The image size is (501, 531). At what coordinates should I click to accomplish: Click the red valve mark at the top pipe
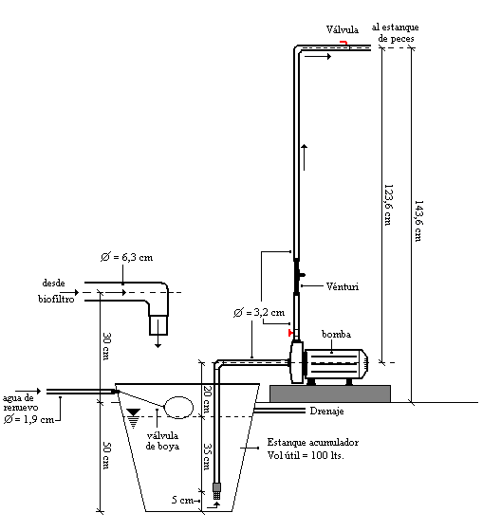[343, 43]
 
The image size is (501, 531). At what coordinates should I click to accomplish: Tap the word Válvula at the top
[343, 29]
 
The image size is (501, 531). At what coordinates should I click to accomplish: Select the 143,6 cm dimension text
[419, 221]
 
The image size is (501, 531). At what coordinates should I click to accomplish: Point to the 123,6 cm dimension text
[388, 205]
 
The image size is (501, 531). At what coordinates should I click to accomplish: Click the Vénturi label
[343, 286]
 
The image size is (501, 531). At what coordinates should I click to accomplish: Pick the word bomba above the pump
[336, 334]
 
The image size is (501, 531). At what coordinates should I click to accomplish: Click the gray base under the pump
[330, 394]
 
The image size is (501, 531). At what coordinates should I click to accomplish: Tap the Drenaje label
[326, 412]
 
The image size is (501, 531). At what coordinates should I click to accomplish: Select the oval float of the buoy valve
[178, 408]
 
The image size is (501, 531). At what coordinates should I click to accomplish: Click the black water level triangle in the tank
[133, 412]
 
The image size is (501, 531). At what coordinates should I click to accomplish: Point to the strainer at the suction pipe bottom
[216, 491]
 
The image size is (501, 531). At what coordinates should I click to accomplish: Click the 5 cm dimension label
[182, 500]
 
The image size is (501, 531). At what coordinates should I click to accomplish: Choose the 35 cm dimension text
[207, 456]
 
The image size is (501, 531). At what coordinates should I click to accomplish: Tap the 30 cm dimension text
[107, 346]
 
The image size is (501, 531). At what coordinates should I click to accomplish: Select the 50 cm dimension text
[107, 455]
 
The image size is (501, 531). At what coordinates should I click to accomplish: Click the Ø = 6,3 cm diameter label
[127, 257]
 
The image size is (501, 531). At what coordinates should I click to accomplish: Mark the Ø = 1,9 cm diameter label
[28, 419]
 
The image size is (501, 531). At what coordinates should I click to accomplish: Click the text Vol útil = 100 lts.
[306, 455]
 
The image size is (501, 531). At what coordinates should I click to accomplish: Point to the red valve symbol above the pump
[290, 333]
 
